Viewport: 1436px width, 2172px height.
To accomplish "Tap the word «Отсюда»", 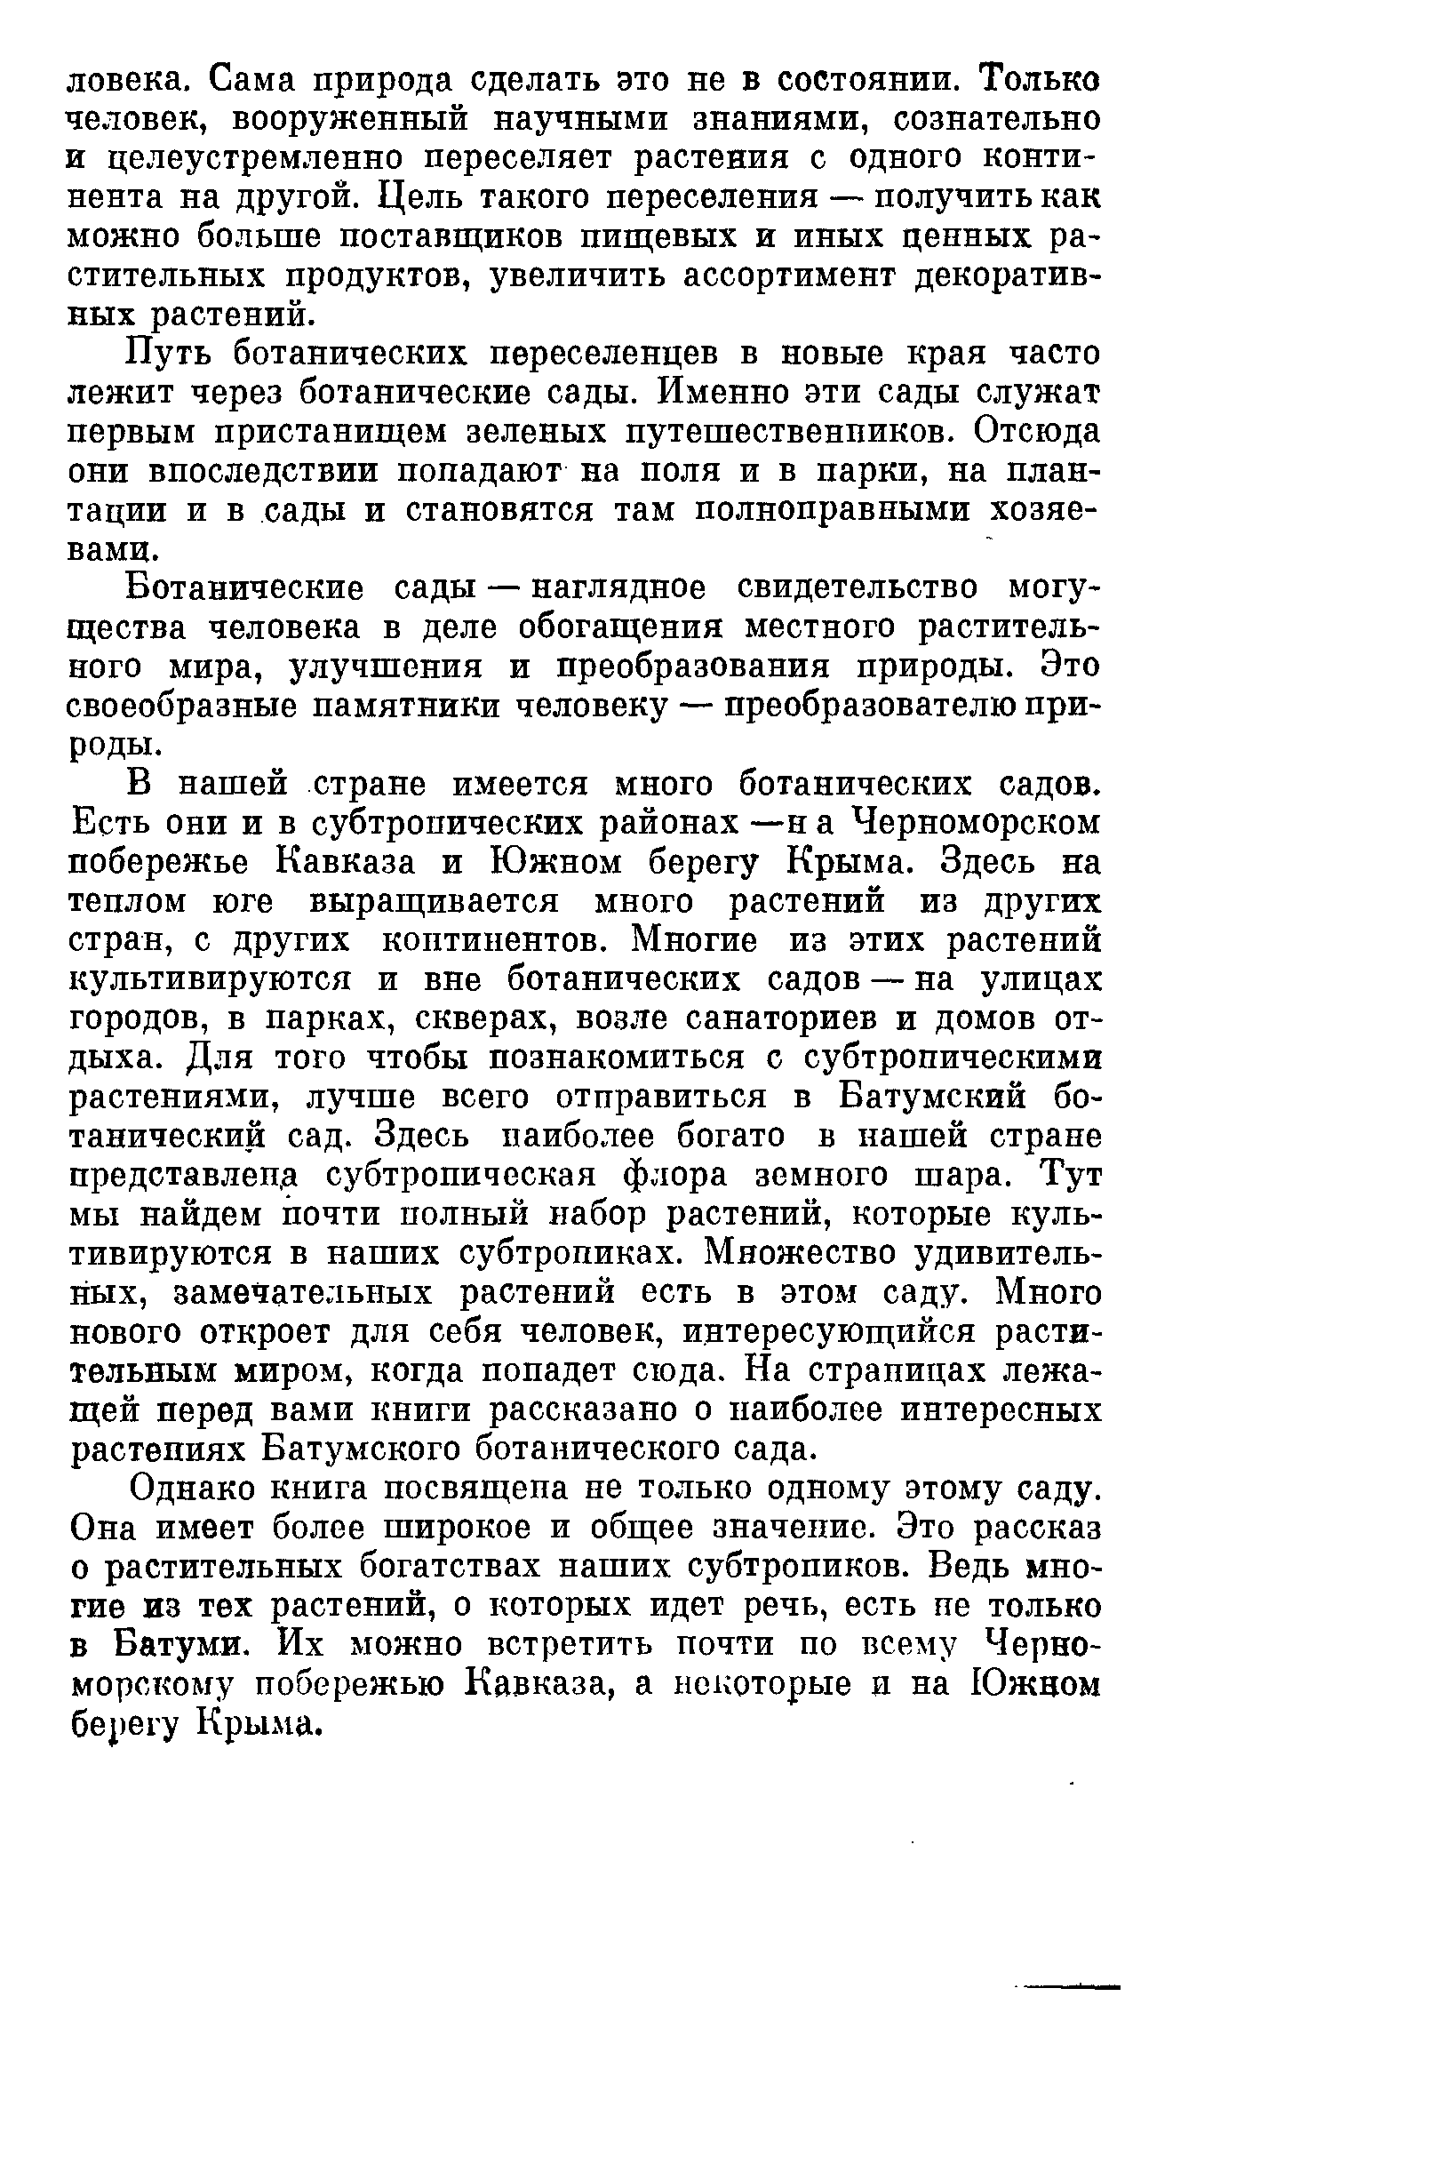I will (x=1038, y=431).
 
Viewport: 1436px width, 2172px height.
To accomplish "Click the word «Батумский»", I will (x=933, y=1097).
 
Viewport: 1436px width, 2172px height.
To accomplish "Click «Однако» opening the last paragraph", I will (x=192, y=1489).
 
